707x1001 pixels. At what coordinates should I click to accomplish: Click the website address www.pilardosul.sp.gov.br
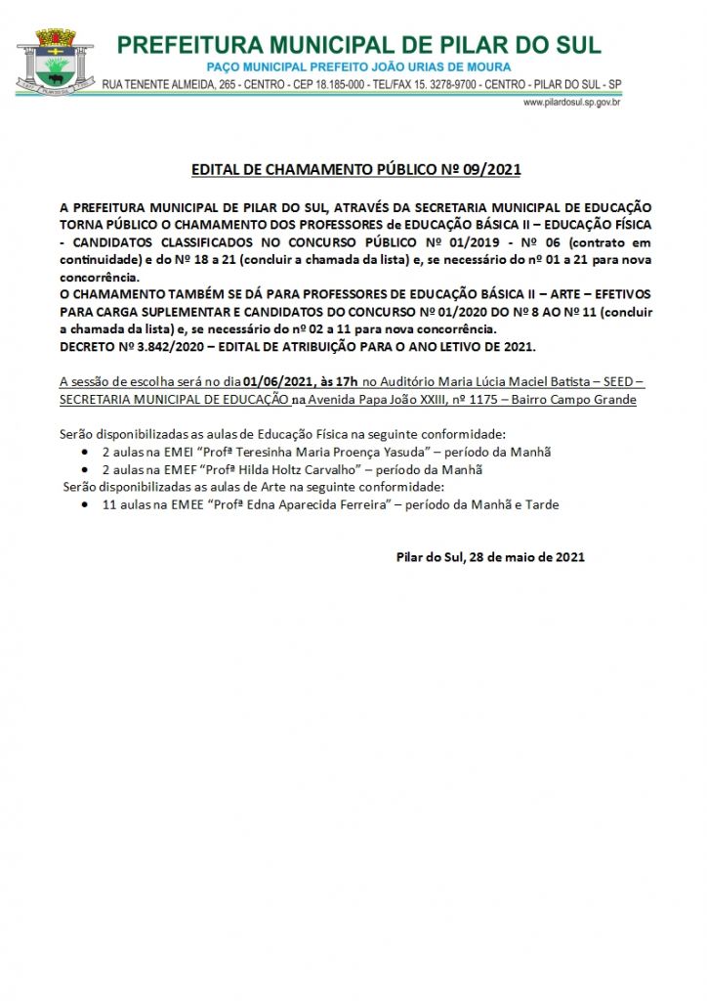coord(573,102)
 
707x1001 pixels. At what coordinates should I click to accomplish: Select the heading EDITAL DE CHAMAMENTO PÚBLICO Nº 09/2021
coord(355,170)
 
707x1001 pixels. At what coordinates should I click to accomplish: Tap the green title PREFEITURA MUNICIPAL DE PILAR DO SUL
coord(358,45)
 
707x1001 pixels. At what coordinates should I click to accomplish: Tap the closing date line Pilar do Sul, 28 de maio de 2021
coord(490,557)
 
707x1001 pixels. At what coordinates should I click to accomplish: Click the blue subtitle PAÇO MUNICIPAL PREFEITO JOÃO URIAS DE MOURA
coord(357,65)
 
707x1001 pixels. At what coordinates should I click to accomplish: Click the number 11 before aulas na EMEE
coord(108,504)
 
